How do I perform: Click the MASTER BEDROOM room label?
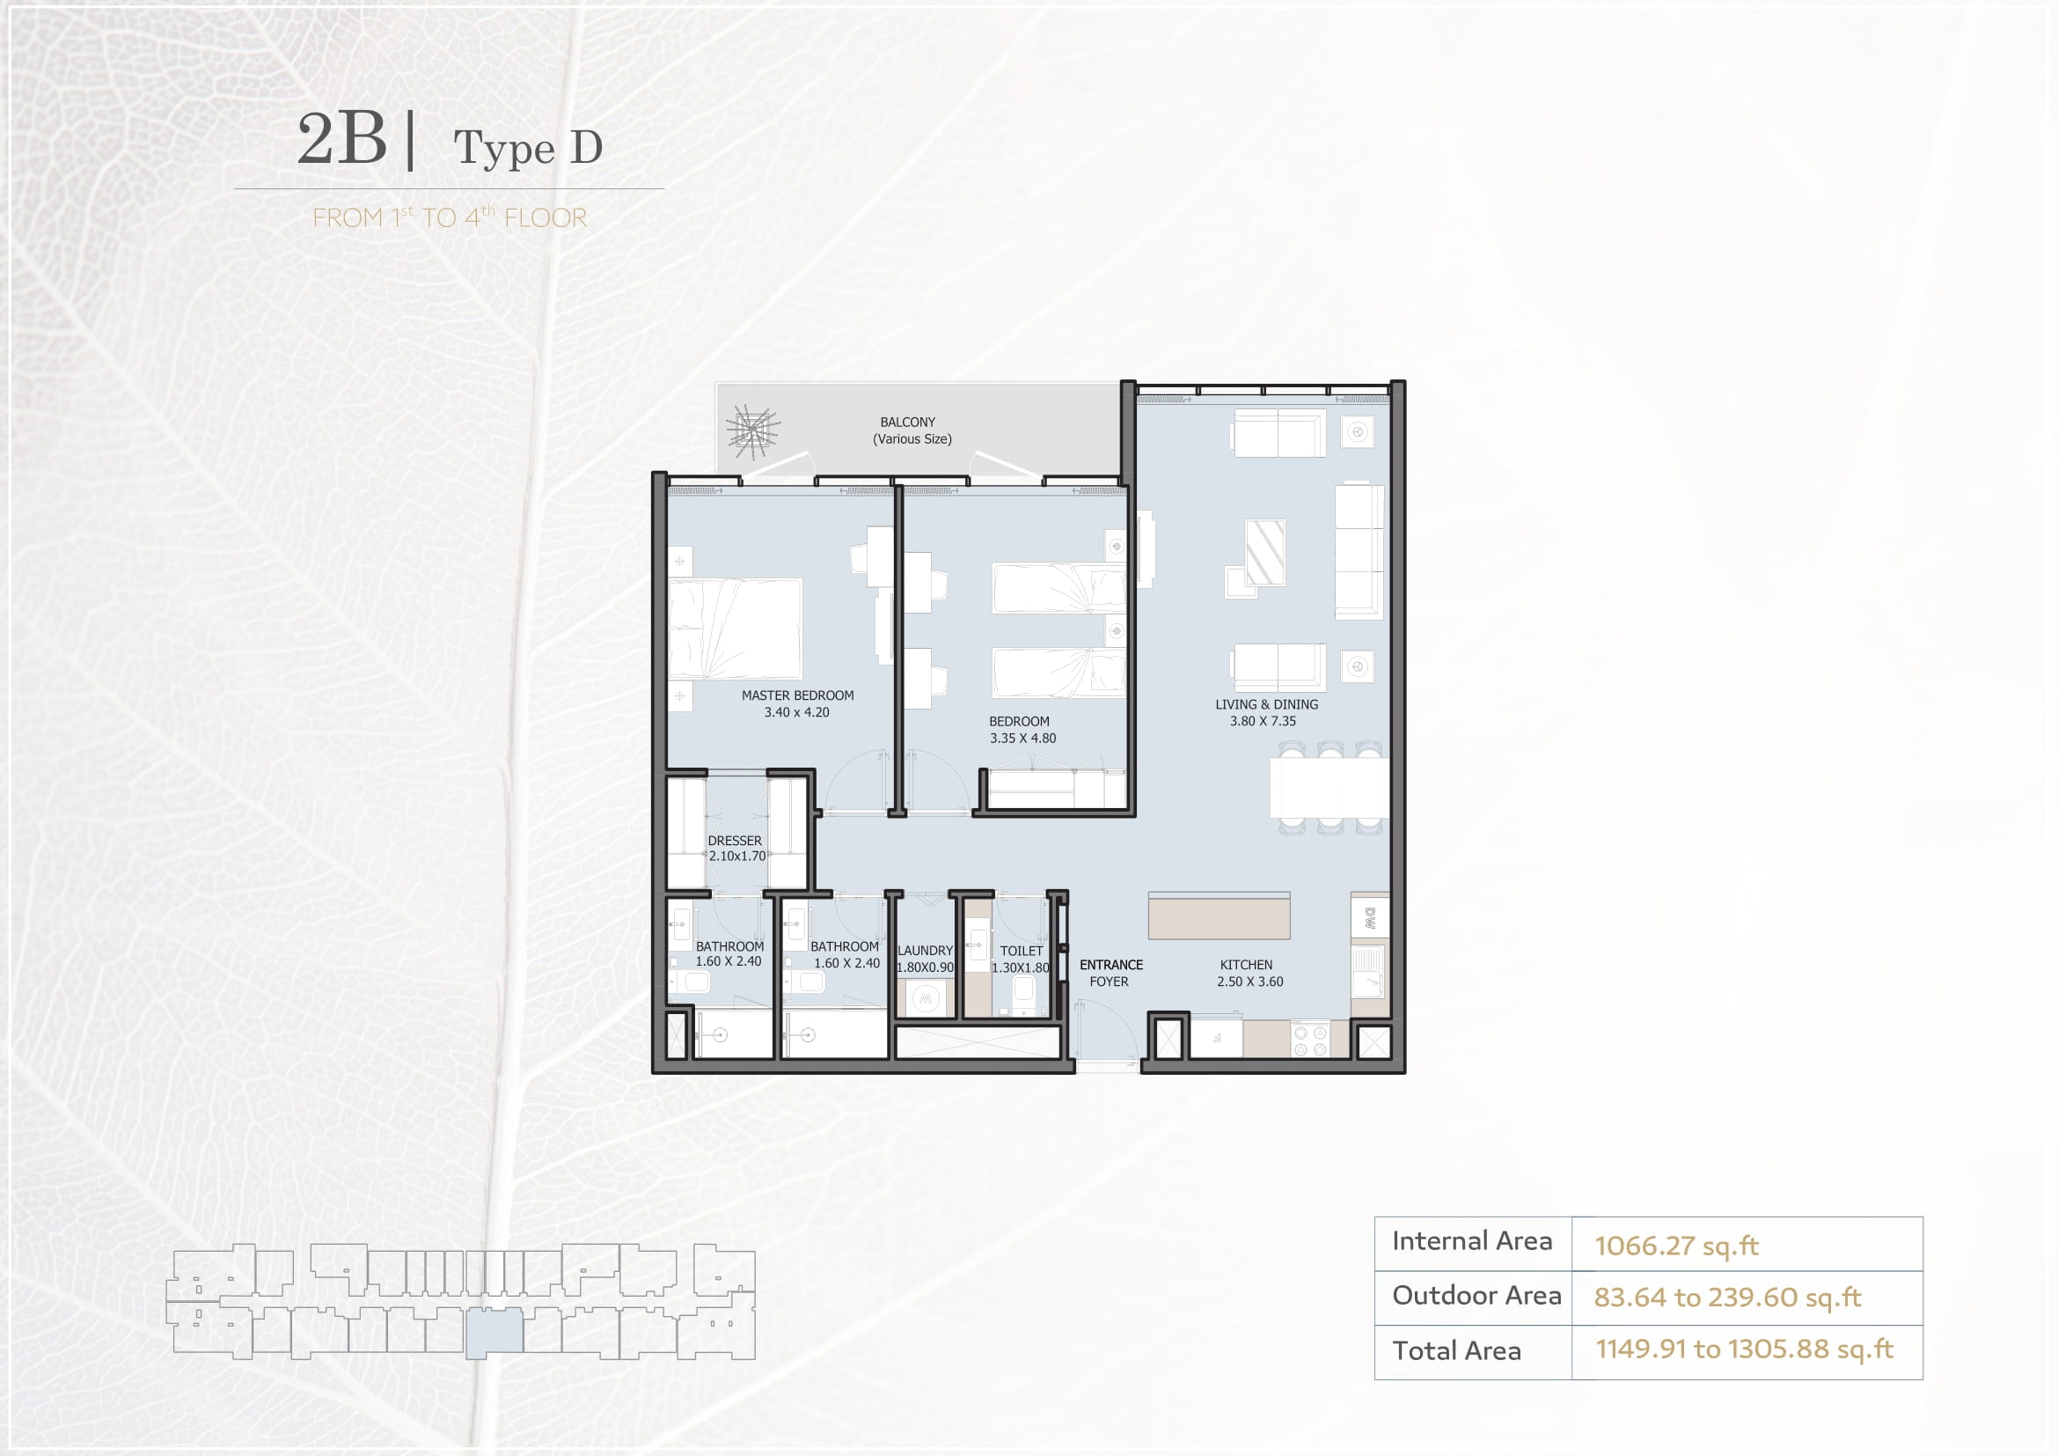click(x=798, y=695)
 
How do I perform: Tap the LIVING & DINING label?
click(x=1266, y=705)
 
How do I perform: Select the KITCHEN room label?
click(x=1246, y=965)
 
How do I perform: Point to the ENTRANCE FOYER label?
click(x=1110, y=973)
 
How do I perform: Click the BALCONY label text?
click(x=907, y=423)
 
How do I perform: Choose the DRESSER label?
click(x=734, y=841)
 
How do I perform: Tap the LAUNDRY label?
click(x=925, y=951)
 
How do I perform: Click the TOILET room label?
click(x=1021, y=951)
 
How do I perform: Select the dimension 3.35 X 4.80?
click(x=1022, y=739)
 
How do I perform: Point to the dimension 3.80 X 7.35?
click(x=1263, y=721)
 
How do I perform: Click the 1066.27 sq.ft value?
click(x=1676, y=1246)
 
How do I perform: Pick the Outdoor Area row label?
click(x=1476, y=1296)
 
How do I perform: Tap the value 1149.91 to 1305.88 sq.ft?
click(x=1744, y=1349)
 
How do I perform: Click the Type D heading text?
click(x=528, y=148)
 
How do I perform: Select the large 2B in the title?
click(x=342, y=138)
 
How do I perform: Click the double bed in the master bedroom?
click(x=735, y=628)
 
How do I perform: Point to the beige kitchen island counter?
click(x=1219, y=916)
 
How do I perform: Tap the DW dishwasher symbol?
click(x=1370, y=917)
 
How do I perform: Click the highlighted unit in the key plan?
click(x=494, y=1331)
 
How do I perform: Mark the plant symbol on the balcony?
click(x=753, y=430)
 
